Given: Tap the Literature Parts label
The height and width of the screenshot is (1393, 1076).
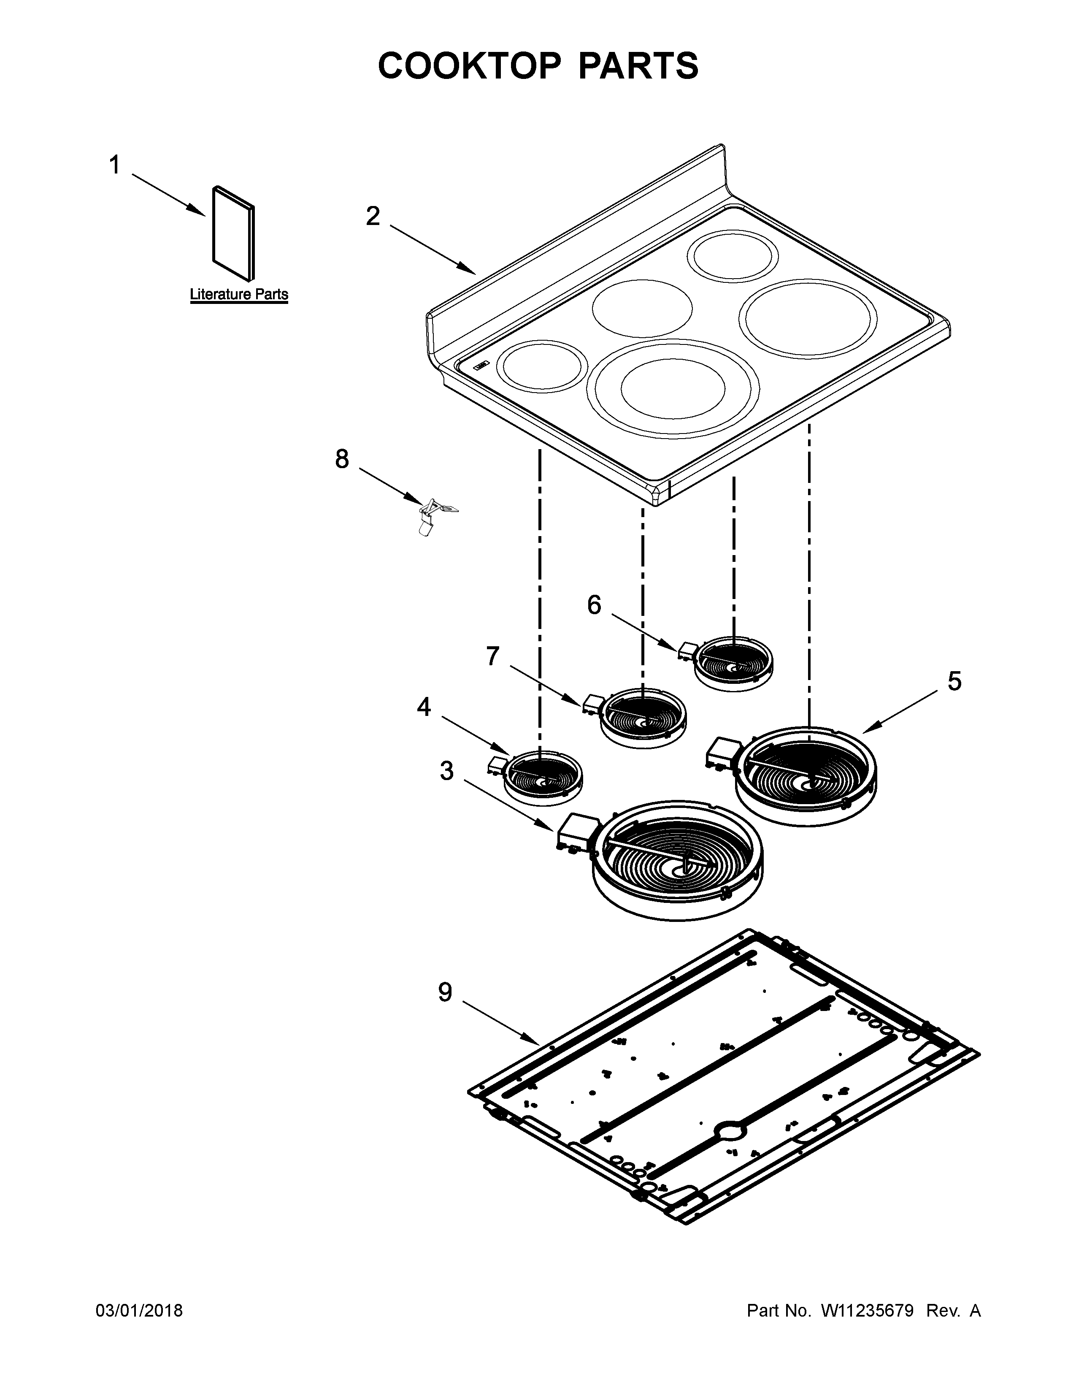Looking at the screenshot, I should [239, 295].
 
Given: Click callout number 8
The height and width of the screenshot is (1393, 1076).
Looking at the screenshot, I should [342, 458].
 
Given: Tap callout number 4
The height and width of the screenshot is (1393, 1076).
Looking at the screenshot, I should [424, 707].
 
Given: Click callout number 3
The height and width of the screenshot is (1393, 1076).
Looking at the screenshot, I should [447, 770].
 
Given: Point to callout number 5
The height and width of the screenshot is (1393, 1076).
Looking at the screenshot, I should [954, 681].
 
